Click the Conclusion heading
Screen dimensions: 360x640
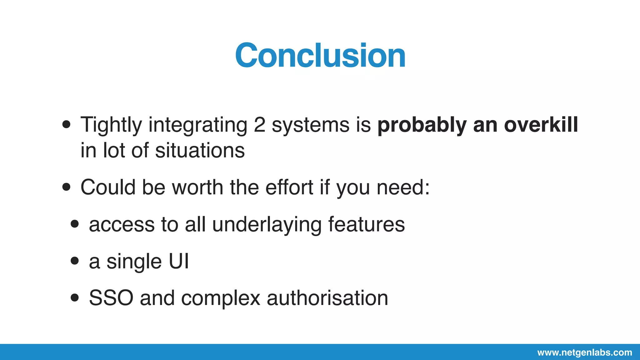click(x=320, y=56)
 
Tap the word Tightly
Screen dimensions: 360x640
click(x=111, y=125)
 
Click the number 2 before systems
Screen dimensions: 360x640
click(x=259, y=125)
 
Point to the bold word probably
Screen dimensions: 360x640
click(x=422, y=125)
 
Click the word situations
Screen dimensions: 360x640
click(x=200, y=151)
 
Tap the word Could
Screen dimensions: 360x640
click(x=108, y=187)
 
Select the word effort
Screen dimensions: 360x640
click(x=289, y=187)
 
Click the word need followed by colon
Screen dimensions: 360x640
click(x=403, y=187)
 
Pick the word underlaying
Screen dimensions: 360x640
click(x=267, y=224)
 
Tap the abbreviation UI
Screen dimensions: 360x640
click(x=179, y=261)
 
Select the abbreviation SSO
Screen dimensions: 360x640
click(x=111, y=298)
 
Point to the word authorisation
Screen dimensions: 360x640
click(x=327, y=298)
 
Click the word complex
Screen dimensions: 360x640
click(x=221, y=298)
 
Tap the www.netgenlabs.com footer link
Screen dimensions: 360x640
click(x=584, y=353)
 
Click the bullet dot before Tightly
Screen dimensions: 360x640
click(x=66, y=125)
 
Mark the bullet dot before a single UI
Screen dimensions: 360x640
click(x=75, y=261)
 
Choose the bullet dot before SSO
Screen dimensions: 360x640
click(x=75, y=297)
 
